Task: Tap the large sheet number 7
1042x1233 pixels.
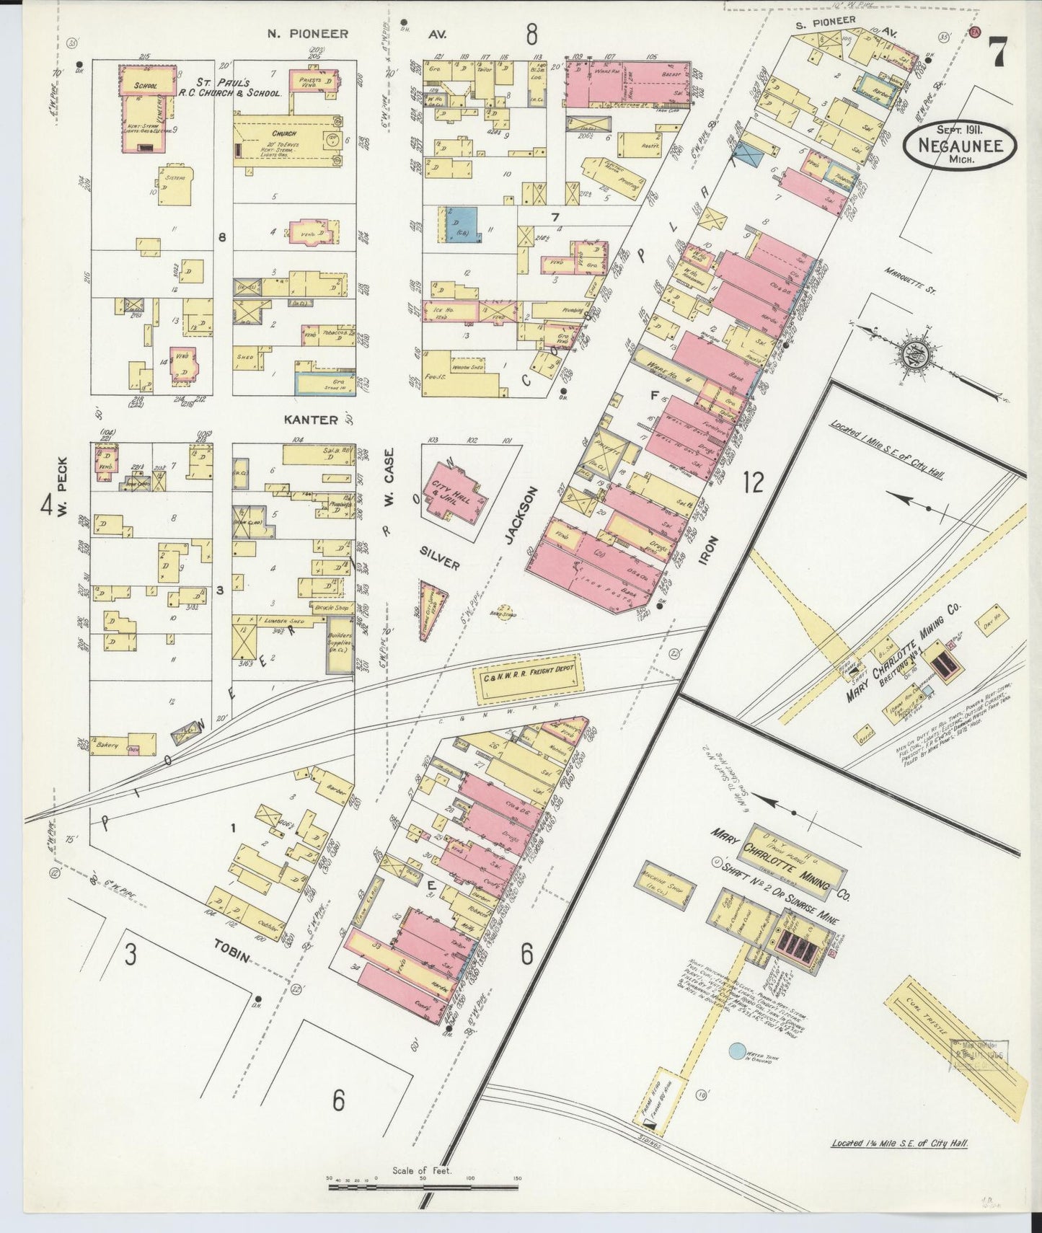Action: pyautogui.click(x=998, y=53)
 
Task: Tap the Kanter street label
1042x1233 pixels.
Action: pyautogui.click(x=311, y=420)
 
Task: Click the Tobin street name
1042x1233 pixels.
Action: pyautogui.click(x=231, y=951)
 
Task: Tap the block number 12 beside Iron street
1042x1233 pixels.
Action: pyautogui.click(x=752, y=482)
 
